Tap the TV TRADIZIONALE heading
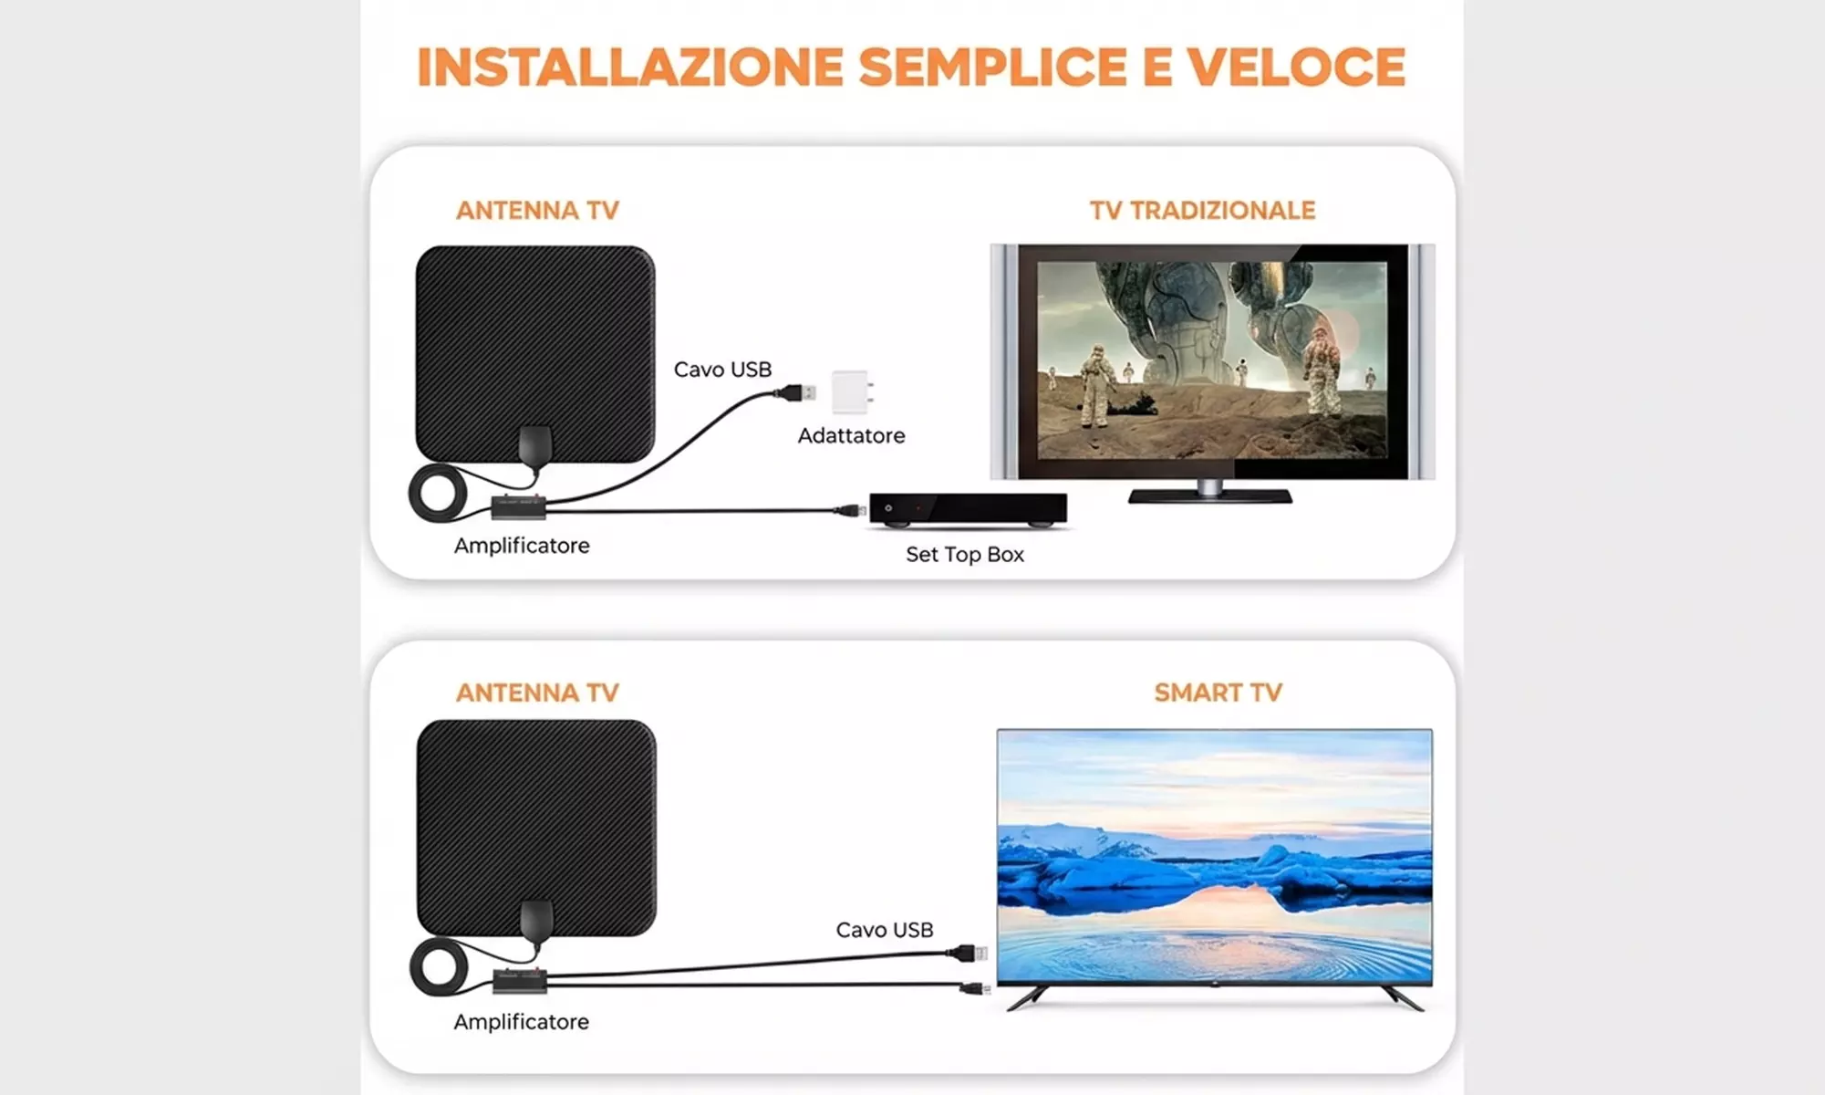click(1202, 211)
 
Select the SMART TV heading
click(1218, 693)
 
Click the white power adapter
click(852, 391)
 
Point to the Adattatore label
click(851, 436)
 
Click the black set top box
click(968, 509)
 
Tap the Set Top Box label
click(964, 555)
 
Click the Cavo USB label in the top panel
click(722, 370)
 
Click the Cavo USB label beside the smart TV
click(884, 930)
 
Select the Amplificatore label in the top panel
click(522, 546)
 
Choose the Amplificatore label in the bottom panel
click(521, 1022)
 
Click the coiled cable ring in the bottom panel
click(439, 967)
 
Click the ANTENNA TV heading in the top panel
click(537, 211)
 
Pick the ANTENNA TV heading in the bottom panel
click(537, 693)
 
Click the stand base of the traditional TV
click(1209, 496)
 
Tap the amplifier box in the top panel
click(518, 506)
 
